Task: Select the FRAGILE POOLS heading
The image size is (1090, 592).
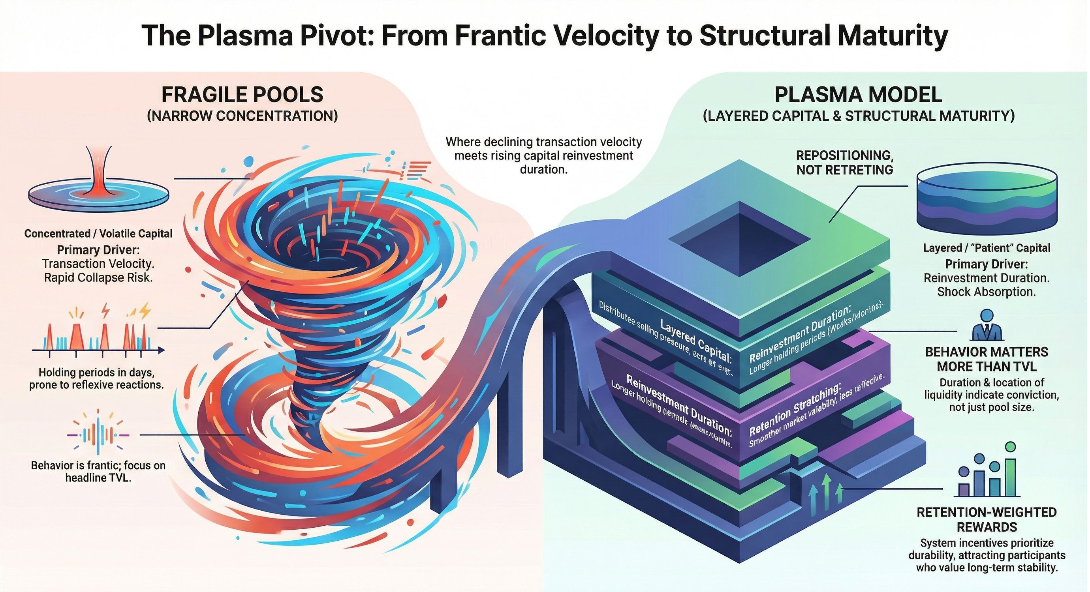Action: pos(242,95)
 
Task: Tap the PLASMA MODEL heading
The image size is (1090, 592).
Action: pos(858,95)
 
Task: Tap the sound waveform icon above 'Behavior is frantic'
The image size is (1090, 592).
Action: pos(98,435)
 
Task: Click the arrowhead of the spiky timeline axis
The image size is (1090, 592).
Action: pos(161,350)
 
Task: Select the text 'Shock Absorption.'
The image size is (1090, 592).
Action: pos(987,292)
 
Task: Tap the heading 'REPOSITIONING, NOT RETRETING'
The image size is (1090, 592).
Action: pos(845,162)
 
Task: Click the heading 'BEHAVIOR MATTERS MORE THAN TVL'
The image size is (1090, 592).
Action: pos(987,359)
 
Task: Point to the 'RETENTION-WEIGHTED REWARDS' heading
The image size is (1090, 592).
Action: pos(987,519)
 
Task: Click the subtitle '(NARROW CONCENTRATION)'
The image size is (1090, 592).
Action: pos(242,116)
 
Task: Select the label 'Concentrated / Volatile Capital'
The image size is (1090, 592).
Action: pos(98,233)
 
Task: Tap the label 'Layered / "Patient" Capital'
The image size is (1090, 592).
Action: pos(987,248)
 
